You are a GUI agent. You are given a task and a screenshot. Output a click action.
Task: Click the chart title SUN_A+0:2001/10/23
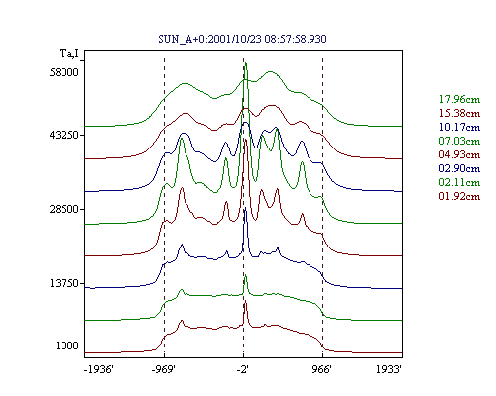pyautogui.click(x=210, y=39)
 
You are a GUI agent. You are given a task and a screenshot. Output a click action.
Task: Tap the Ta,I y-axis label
pyautogui.click(x=69, y=53)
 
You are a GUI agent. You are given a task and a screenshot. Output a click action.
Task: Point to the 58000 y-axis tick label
pyautogui.click(x=64, y=72)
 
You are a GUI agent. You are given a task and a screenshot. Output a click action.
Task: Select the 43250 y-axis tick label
pyautogui.click(x=64, y=135)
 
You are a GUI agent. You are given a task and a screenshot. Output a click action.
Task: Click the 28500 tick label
pyautogui.click(x=64, y=209)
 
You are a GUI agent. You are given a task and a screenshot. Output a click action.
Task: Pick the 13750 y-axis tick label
pyautogui.click(x=64, y=283)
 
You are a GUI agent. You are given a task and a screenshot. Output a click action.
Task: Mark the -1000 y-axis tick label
pyautogui.click(x=65, y=346)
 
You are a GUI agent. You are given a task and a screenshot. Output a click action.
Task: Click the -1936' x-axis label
pyautogui.click(x=99, y=369)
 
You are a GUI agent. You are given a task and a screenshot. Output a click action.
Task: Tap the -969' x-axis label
pyautogui.click(x=164, y=369)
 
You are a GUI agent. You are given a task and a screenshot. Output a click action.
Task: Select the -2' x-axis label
pyautogui.click(x=243, y=369)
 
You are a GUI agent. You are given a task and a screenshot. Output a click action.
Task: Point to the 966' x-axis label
pyautogui.click(x=321, y=369)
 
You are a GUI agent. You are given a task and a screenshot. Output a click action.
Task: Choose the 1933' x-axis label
pyautogui.click(x=389, y=369)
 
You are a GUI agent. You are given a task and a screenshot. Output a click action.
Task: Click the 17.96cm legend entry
pyautogui.click(x=459, y=99)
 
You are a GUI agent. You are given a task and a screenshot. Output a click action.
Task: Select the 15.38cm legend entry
pyautogui.click(x=459, y=113)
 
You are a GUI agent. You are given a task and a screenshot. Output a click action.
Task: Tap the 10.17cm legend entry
pyautogui.click(x=459, y=127)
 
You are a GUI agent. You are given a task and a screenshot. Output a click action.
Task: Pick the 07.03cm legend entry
pyautogui.click(x=459, y=141)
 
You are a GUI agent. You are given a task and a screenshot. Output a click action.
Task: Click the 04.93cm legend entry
pyautogui.click(x=459, y=154)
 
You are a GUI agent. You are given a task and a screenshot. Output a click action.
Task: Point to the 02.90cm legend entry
pyautogui.click(x=459, y=168)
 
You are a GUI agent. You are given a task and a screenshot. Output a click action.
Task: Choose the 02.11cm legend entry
pyautogui.click(x=459, y=182)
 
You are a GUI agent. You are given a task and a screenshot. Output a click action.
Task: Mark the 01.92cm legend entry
pyautogui.click(x=459, y=196)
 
